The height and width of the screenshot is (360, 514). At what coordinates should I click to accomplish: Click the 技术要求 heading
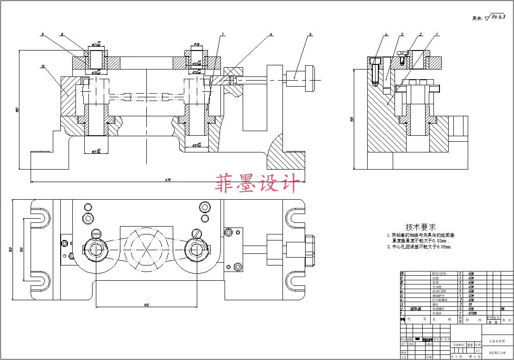420,227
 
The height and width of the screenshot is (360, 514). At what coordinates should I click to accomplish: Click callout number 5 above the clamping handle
310,34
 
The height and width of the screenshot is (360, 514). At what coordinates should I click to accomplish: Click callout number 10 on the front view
43,67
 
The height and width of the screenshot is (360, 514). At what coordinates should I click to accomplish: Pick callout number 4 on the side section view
385,34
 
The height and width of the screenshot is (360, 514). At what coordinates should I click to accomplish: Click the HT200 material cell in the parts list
471,314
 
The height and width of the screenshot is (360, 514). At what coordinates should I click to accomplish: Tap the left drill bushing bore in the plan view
97,250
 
